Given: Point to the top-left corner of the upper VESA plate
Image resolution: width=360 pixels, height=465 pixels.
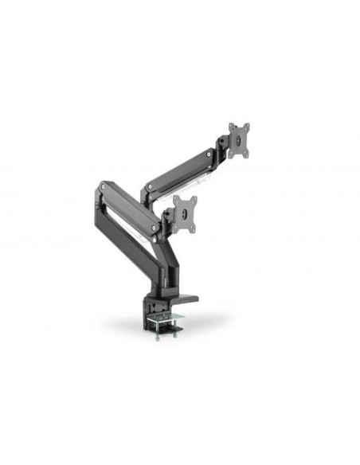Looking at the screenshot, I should click(x=230, y=125).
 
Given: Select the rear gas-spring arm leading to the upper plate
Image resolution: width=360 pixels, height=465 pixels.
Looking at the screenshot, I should click(x=180, y=169).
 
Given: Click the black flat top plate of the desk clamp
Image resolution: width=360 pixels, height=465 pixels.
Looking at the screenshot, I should click(x=180, y=299).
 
